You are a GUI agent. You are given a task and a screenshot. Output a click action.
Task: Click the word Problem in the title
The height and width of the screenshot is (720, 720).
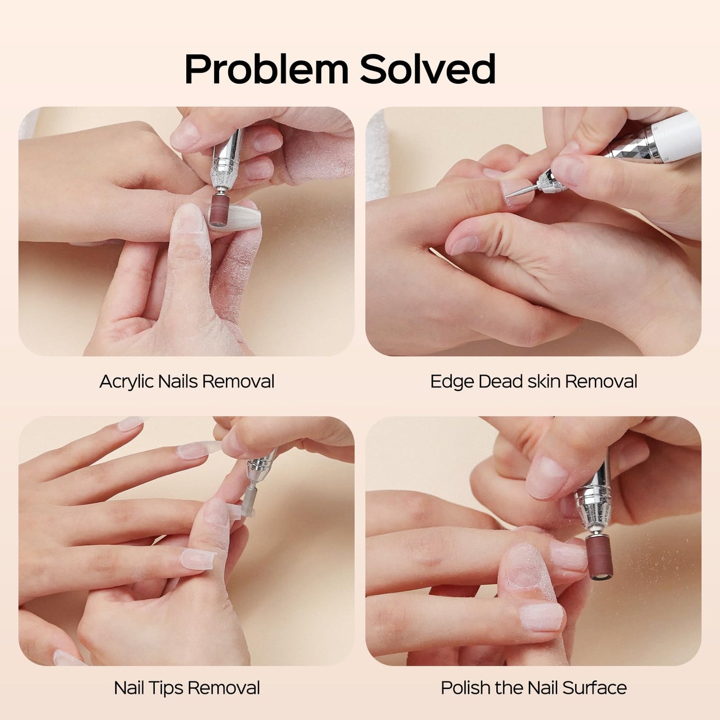pyautogui.click(x=266, y=69)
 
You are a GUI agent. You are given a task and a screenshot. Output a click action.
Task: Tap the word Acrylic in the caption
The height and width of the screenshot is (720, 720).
pyautogui.click(x=127, y=382)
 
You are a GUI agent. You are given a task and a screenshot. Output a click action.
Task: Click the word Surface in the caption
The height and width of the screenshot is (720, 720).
pyautogui.click(x=594, y=688)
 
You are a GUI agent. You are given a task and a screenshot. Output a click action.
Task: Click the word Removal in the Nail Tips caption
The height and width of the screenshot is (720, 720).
pyautogui.click(x=224, y=688)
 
